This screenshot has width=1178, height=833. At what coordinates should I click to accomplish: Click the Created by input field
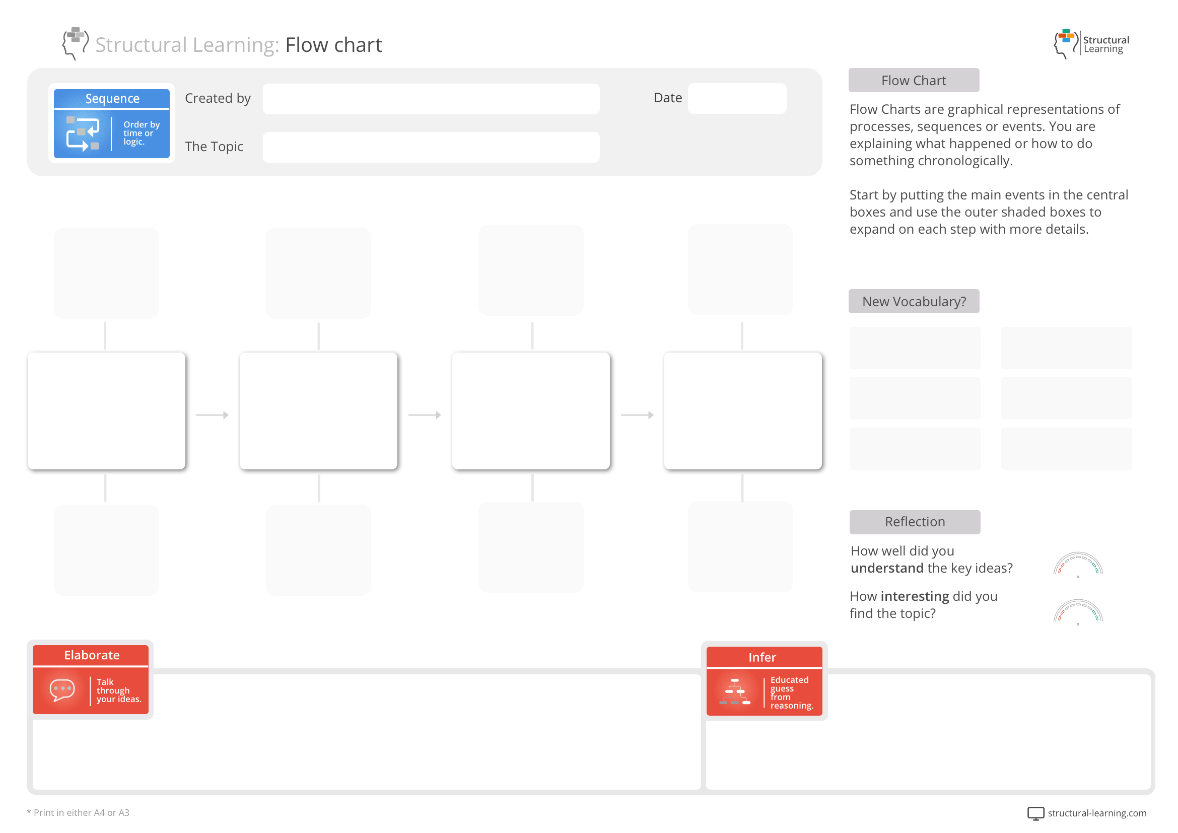431,99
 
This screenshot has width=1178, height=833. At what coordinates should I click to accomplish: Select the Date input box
736,98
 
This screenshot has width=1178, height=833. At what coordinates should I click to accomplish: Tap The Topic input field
431,147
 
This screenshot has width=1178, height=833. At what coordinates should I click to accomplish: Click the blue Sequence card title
112,99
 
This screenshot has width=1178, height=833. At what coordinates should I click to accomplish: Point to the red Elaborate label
91,655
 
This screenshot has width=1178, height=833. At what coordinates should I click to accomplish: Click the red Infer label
762,657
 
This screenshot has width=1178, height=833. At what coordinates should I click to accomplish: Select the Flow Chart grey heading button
913,81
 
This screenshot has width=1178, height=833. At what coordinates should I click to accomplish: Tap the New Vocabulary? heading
913,302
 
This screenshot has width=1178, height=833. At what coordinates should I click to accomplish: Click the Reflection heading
914,522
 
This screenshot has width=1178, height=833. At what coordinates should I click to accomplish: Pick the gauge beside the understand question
1078,565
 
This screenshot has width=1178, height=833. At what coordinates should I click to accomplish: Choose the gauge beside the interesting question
1078,611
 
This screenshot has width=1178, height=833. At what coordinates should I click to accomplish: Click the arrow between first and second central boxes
213,415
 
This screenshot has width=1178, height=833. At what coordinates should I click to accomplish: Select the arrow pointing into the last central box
637,415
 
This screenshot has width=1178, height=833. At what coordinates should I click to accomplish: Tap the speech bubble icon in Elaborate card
62,690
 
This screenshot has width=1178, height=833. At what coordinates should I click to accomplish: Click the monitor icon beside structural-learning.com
1035,813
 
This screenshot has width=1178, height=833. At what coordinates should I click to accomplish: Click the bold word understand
886,568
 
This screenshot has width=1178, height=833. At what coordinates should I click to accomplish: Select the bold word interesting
914,596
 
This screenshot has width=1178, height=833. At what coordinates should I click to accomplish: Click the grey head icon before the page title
75,43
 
